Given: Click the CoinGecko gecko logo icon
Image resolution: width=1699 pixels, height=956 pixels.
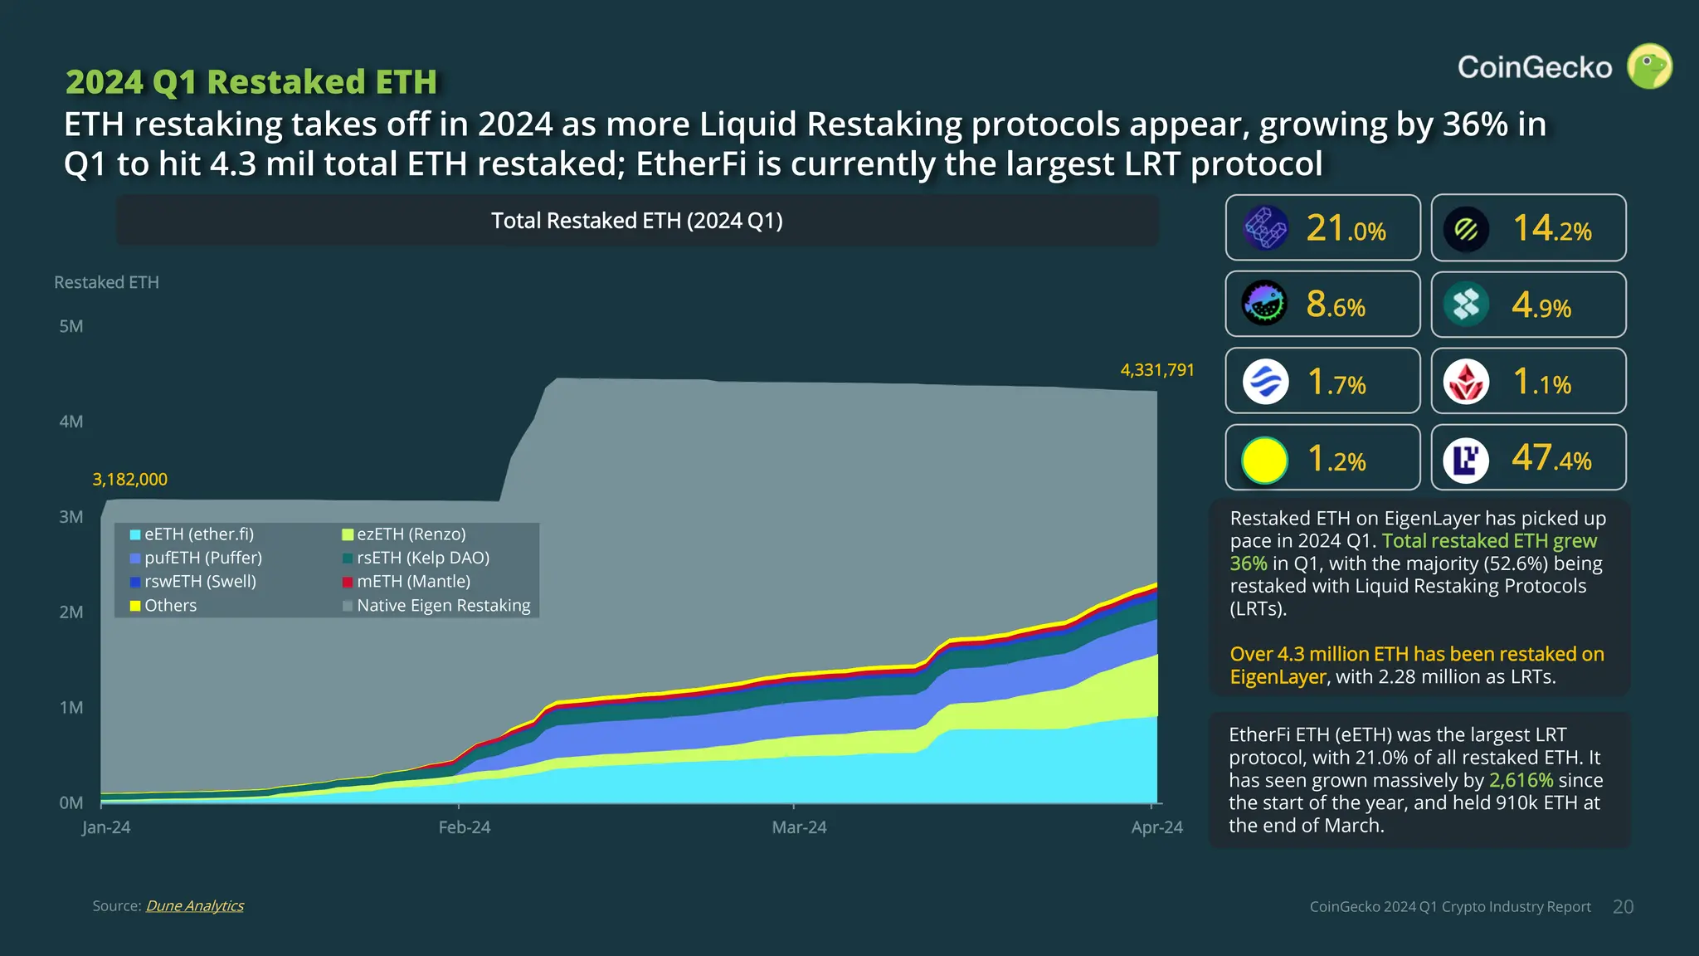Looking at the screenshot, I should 1649,66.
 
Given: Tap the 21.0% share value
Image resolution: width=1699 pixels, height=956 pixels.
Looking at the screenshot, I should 1346,228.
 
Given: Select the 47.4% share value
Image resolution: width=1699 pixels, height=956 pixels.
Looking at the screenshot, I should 1551,458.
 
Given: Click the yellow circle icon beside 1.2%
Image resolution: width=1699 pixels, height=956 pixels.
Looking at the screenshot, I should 1264,460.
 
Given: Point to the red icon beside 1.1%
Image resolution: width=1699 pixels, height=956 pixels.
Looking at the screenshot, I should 1466,383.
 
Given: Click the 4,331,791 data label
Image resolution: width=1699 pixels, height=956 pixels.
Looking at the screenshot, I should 1156,370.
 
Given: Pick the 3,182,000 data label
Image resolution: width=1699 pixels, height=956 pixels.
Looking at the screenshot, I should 129,480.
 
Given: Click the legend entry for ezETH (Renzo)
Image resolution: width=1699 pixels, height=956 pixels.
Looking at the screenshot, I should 411,534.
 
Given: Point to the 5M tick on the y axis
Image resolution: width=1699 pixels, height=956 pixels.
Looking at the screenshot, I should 71,326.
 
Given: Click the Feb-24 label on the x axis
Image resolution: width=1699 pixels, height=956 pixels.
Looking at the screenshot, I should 464,827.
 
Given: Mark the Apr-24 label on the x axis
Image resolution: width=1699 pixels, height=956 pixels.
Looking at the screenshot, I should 1156,827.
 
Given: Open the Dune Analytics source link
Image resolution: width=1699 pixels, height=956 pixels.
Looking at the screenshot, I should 195,906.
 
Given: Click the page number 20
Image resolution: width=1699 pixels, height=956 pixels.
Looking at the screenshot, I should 1623,907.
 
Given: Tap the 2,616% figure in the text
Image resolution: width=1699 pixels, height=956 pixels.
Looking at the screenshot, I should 1520,781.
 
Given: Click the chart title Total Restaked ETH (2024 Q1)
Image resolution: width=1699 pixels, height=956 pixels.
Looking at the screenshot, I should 636,221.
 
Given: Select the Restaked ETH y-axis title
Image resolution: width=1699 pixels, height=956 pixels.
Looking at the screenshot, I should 106,282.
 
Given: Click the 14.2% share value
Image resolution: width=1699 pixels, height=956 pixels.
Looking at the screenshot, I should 1551,228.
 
